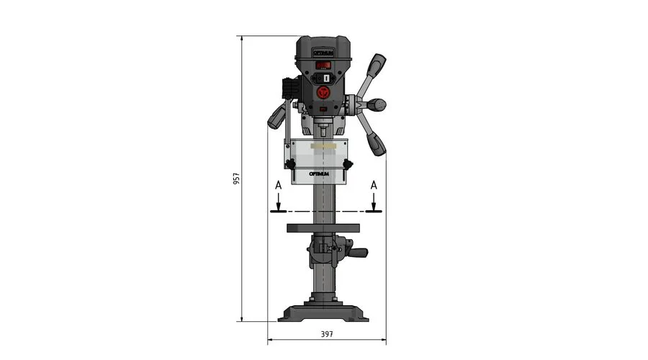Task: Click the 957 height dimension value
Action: click(x=236, y=179)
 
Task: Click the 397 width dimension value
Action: click(x=327, y=334)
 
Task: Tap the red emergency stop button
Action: click(x=324, y=92)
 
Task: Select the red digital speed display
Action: click(x=323, y=66)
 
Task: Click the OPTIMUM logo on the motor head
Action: click(x=323, y=53)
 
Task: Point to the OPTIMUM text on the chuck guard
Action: click(x=320, y=174)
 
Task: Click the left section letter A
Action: click(x=279, y=186)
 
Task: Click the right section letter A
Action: click(x=374, y=185)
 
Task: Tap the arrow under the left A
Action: click(x=279, y=202)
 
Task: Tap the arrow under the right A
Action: click(x=374, y=202)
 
